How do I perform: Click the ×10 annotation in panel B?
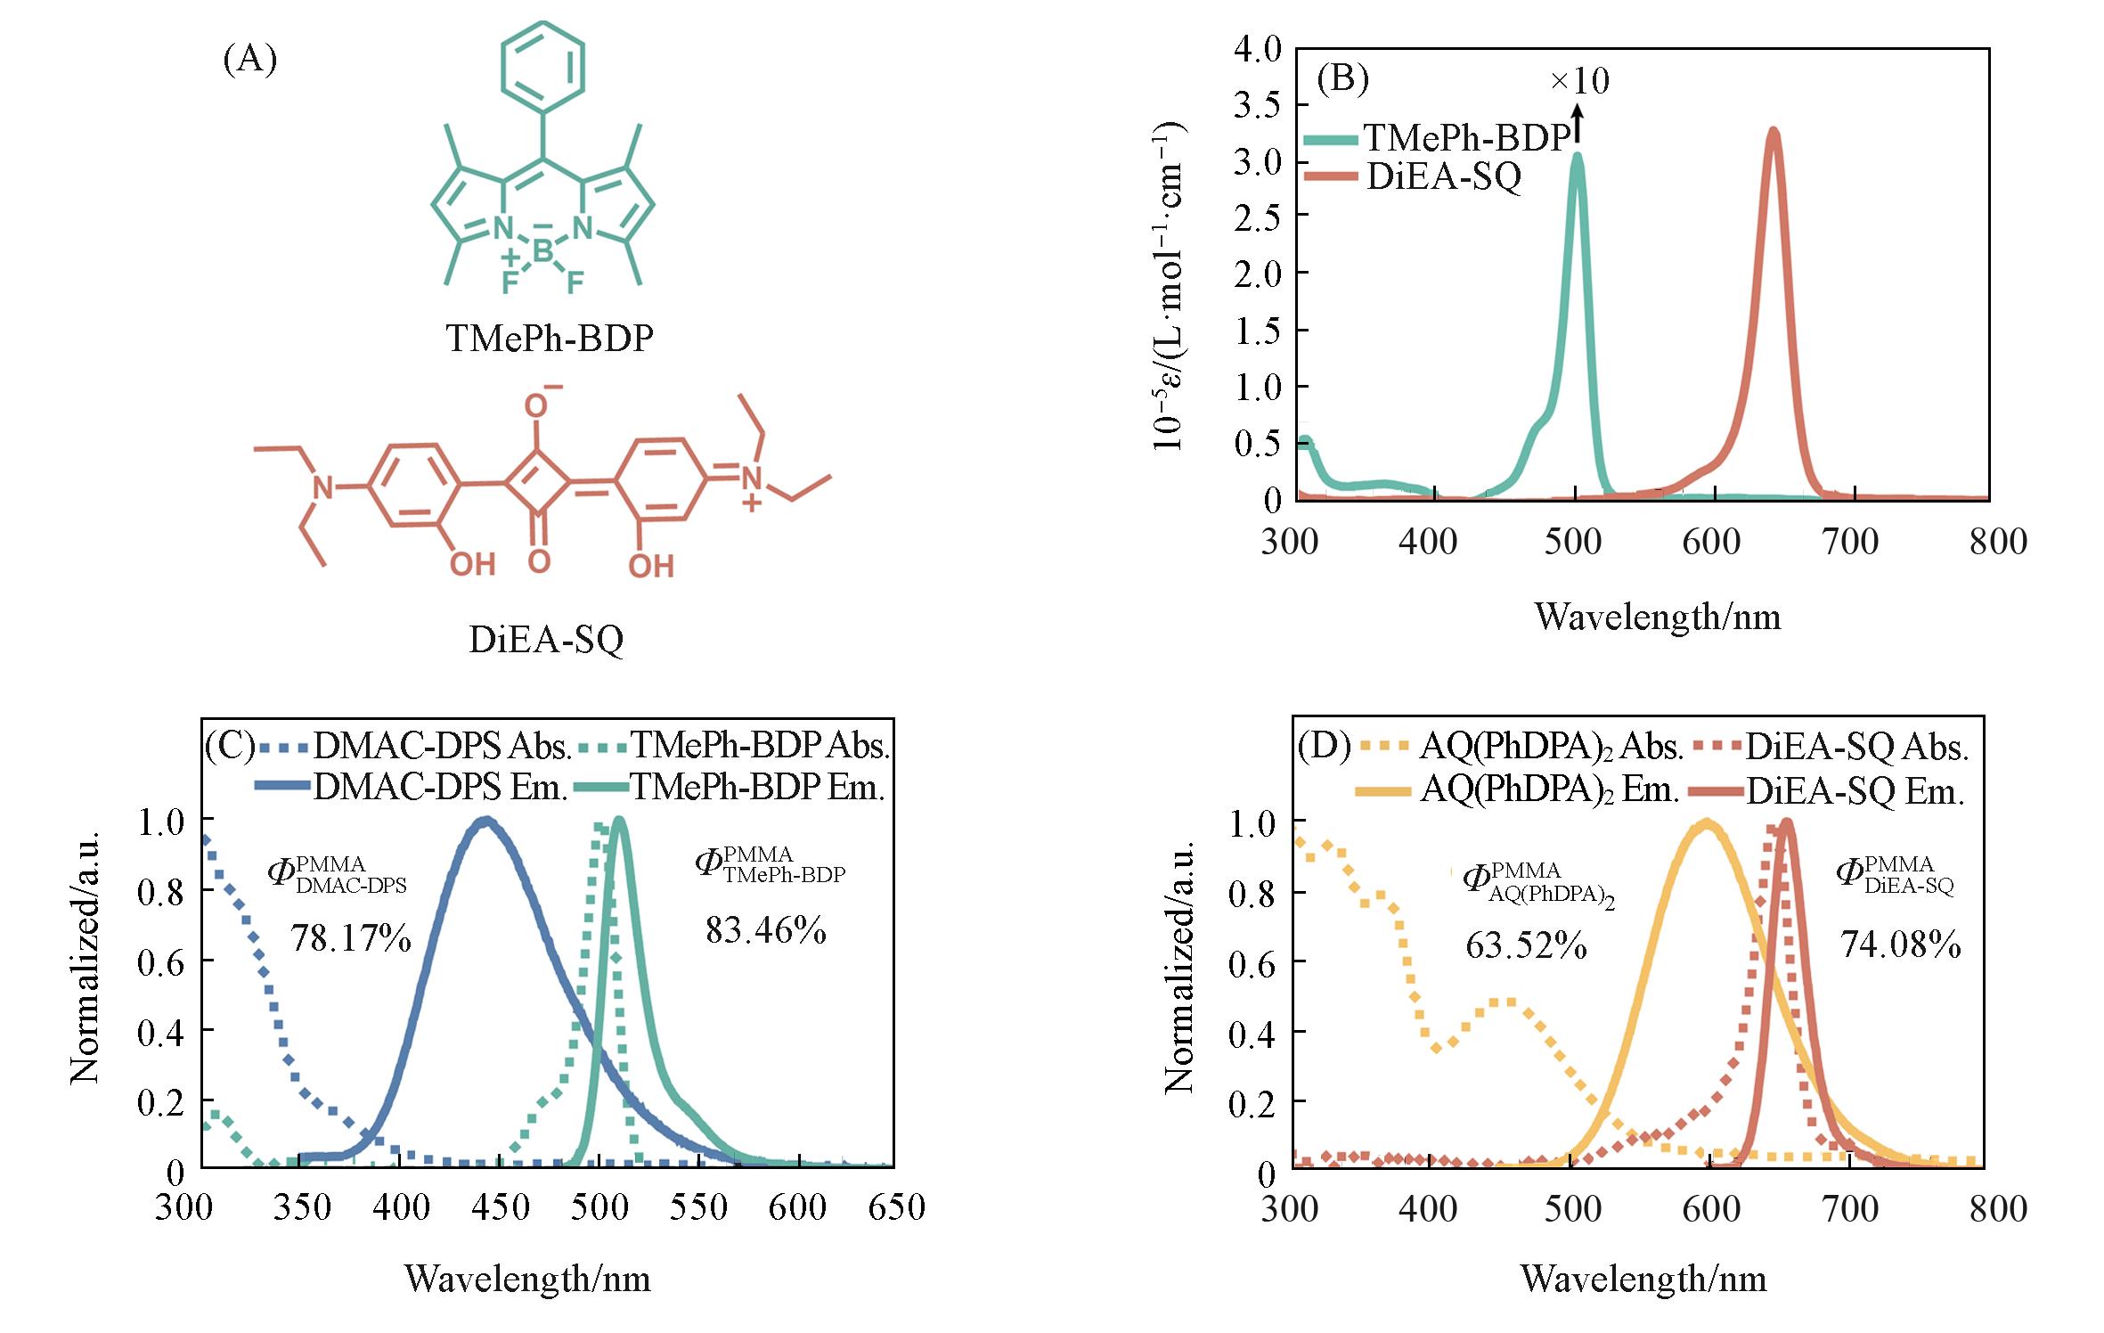1580,81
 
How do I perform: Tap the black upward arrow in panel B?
1578,123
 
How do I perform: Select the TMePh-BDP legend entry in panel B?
1466,137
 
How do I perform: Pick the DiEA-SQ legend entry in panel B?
1443,176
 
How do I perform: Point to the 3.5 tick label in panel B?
1257,105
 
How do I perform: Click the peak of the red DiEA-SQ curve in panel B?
1774,131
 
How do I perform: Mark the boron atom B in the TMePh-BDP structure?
542,253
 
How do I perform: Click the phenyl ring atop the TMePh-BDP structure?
542,65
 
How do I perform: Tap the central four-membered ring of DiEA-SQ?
537,484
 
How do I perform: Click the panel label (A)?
249,59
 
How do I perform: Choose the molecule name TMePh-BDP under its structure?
550,339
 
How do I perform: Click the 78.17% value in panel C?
351,938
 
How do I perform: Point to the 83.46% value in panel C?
766,930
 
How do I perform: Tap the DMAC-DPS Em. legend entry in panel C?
440,786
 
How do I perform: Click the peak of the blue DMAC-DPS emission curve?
485,820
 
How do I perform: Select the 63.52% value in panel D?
1526,945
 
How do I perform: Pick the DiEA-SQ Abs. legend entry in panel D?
1855,747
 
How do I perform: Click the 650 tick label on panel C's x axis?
896,1207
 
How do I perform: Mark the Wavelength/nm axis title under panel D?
1643,1279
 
